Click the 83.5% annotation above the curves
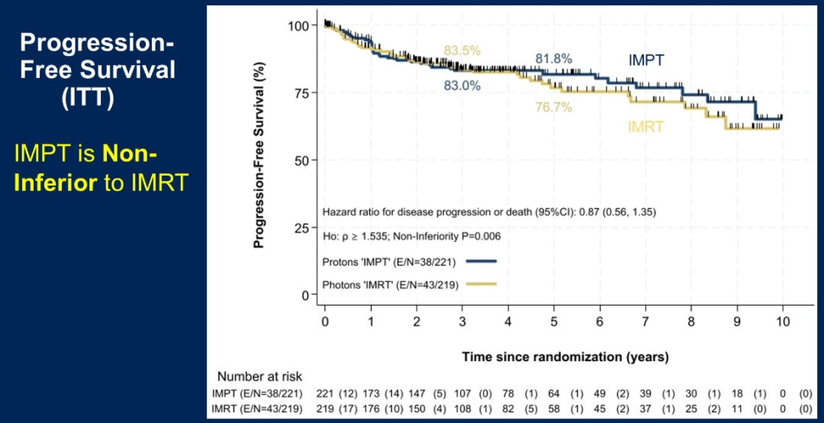[462, 51]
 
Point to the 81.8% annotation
[554, 59]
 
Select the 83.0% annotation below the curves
[462, 86]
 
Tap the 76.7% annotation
[554, 108]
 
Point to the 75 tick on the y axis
[300, 93]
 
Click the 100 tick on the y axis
[298, 26]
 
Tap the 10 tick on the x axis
[783, 321]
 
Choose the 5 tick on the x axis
[554, 321]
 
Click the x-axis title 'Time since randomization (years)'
[565, 357]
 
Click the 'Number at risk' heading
[259, 376]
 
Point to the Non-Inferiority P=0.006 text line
[412, 237]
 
